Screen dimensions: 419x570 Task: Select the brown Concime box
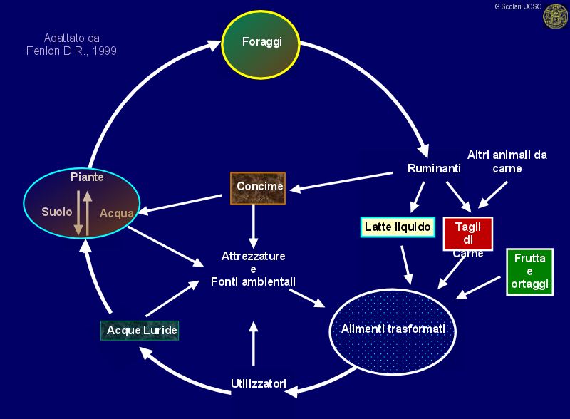258,187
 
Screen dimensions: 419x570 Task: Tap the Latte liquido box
398,227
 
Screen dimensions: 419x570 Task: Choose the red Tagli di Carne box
468,237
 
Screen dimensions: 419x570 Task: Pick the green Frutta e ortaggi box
529,271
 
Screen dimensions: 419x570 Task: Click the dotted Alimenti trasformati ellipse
393,329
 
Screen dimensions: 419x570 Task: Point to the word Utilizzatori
259,383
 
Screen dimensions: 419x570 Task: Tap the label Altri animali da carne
507,161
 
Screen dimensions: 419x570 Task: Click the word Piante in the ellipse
87,176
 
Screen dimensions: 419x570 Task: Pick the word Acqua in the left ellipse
116,212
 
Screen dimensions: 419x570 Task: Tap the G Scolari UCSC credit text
517,6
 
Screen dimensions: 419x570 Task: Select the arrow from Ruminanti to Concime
342,180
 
